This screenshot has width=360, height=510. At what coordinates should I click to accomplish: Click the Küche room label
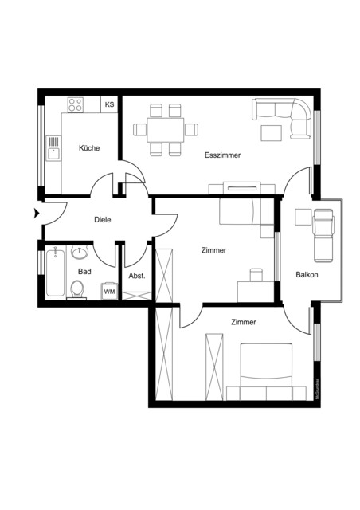[88, 147]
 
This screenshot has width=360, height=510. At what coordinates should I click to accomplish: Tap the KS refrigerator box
[109, 104]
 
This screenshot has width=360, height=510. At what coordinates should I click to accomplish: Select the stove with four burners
[77, 104]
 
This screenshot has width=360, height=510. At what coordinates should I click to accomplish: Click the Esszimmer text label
[222, 155]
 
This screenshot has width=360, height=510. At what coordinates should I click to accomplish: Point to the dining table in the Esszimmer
[164, 128]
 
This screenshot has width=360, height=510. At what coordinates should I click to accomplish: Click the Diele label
[102, 219]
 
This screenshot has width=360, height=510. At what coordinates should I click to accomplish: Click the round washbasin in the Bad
[79, 253]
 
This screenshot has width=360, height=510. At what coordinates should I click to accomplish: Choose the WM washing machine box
[109, 292]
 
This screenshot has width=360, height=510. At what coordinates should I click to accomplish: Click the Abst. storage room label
[136, 276]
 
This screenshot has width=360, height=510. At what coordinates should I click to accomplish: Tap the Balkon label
[307, 275]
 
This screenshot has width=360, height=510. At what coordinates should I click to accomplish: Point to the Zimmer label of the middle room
[213, 250]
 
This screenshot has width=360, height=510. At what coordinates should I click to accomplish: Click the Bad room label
[84, 271]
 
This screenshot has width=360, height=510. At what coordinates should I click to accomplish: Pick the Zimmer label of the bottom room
[243, 322]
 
